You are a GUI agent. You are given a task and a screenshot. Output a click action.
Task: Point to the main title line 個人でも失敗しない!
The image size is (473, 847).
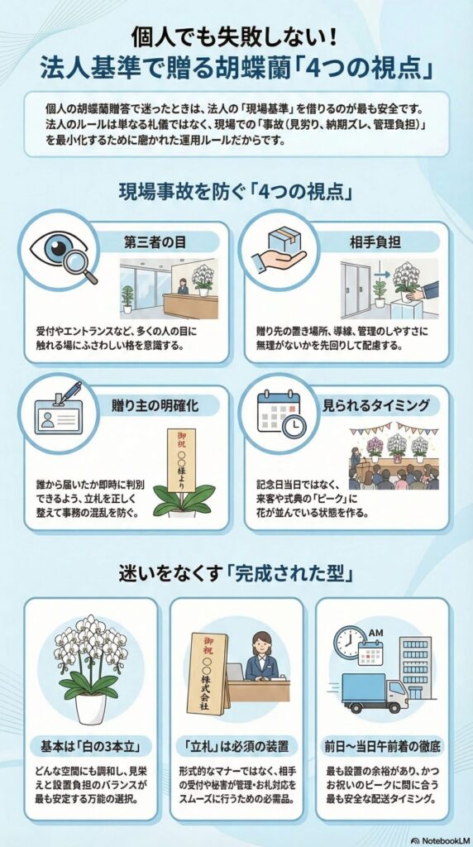click(236, 36)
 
